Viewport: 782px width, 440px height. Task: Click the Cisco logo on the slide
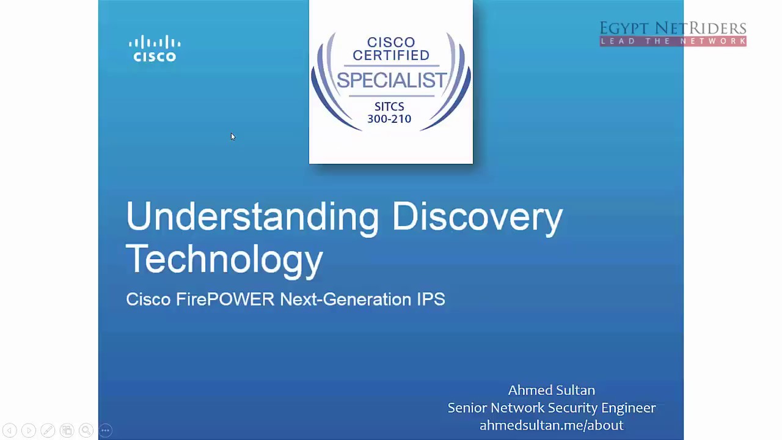[155, 49]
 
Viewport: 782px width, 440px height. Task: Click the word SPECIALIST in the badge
[391, 80]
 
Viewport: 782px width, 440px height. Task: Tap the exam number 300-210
[389, 119]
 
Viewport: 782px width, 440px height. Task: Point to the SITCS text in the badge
[389, 107]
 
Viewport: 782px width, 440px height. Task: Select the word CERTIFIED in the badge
[391, 55]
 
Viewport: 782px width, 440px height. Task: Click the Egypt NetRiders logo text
[673, 29]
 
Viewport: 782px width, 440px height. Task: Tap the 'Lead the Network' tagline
[673, 42]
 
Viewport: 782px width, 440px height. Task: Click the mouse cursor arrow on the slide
[232, 137]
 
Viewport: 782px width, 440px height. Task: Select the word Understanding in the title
[252, 217]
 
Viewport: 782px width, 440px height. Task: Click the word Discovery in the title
[477, 217]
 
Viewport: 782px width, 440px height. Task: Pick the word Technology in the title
[224, 259]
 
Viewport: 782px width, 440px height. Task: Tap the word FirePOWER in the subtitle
[225, 299]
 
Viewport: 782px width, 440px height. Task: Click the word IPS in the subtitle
[431, 299]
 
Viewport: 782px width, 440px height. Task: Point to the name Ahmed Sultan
[551, 390]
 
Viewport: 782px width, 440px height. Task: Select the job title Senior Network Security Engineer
[551, 408]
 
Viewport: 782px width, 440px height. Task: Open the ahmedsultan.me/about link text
[551, 425]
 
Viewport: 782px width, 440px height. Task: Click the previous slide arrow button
[9, 431]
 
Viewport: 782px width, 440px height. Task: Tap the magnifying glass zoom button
[86, 431]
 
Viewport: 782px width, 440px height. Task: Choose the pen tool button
[48, 431]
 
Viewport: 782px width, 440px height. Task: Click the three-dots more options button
[105, 431]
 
